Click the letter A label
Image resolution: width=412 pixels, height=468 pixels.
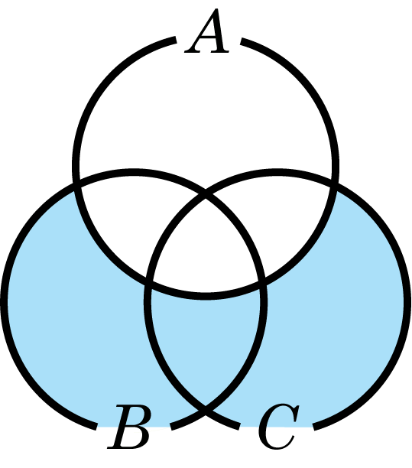pyautogui.click(x=207, y=31)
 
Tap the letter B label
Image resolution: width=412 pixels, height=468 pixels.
pyautogui.click(x=129, y=427)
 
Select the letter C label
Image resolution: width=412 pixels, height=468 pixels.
pyautogui.click(x=278, y=427)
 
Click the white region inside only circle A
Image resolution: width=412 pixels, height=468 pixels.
pyautogui.click(x=206, y=113)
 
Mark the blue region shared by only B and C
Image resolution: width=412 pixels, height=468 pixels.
pyautogui.click(x=206, y=343)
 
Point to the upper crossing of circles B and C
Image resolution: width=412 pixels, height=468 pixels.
pyautogui.click(x=206, y=197)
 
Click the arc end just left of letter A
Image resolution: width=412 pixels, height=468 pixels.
pyautogui.click(x=175, y=41)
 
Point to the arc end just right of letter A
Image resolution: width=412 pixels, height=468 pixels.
pyautogui.click(x=242, y=41)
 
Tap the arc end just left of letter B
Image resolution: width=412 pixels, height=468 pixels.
pyautogui.click(x=96, y=427)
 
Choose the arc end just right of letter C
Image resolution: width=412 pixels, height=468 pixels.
pyautogui.click(x=314, y=427)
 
